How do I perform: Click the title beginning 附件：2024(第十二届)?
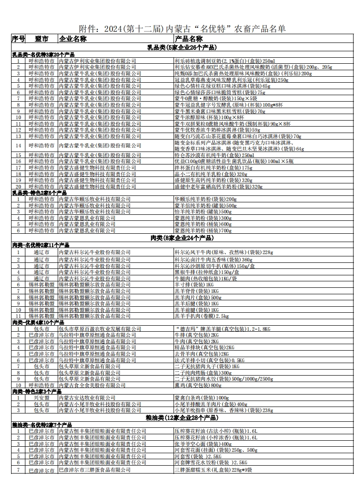[182, 29]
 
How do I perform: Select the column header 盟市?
[42, 39]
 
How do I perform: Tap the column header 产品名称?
[189, 39]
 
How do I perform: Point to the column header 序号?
[18, 39]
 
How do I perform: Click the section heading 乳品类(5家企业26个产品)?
[182, 47]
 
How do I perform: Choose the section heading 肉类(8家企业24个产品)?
[182, 238]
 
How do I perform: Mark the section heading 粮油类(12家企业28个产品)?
[182, 418]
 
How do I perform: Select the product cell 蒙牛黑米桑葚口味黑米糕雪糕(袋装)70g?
[219, 111]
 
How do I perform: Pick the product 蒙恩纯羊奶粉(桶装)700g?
[203, 230]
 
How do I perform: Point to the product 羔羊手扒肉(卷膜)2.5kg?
[201, 316]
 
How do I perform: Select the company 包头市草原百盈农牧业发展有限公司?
[100, 328]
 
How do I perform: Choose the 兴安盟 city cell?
[42, 398]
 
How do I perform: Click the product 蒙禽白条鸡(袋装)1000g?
[201, 398]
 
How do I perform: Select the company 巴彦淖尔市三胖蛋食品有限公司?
[94, 470]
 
